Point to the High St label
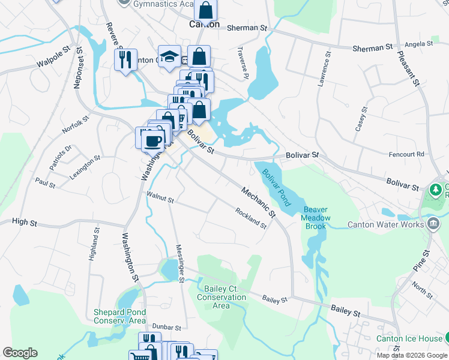tap(25, 223)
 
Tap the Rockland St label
tap(251, 218)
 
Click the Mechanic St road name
tap(258, 202)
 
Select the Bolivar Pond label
tap(276, 187)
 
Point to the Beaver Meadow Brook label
tap(315, 215)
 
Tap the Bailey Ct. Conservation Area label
tap(221, 297)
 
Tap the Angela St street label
tap(419, 44)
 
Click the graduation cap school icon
tap(170, 56)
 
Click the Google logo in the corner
tap(20, 353)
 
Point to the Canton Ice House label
tap(408, 338)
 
